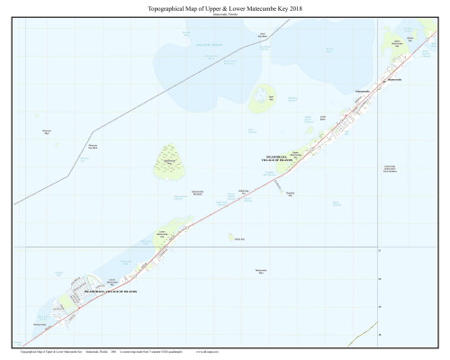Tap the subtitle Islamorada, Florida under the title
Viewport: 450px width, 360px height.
(x=225, y=14)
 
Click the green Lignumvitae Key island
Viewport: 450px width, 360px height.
(x=168, y=163)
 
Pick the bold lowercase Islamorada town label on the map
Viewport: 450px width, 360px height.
(x=362, y=93)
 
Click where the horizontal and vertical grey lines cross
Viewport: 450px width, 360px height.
(x=377, y=246)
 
